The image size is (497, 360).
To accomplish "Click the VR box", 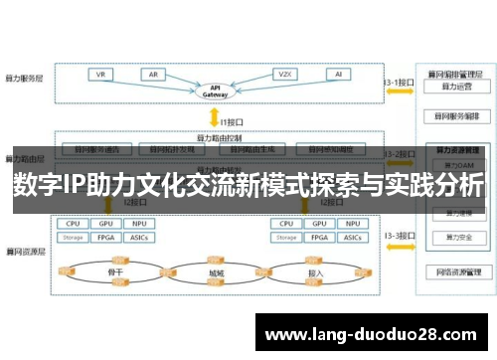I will coord(100,75).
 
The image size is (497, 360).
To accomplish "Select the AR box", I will coord(154,75).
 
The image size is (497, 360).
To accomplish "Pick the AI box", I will coord(339,75).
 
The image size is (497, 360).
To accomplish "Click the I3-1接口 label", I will coord(398,84).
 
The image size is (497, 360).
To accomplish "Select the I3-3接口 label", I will coord(398,236).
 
